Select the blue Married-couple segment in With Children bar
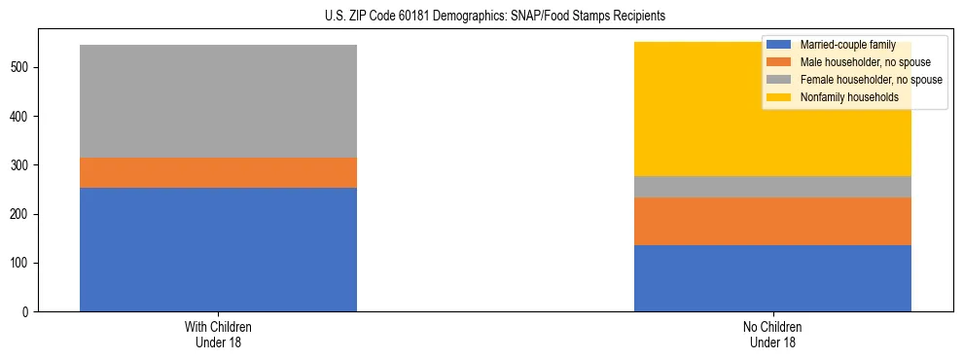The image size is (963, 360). tap(218, 249)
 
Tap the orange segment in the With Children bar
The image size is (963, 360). tap(218, 172)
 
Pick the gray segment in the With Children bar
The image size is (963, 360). tap(218, 101)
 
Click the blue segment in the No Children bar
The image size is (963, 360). tap(772, 278)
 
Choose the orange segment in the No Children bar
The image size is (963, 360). tap(772, 221)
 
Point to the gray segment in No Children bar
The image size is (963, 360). tap(772, 187)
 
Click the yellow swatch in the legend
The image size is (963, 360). tap(779, 97)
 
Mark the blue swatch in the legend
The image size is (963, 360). tap(779, 45)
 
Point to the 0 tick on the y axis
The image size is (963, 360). tap(30, 312)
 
